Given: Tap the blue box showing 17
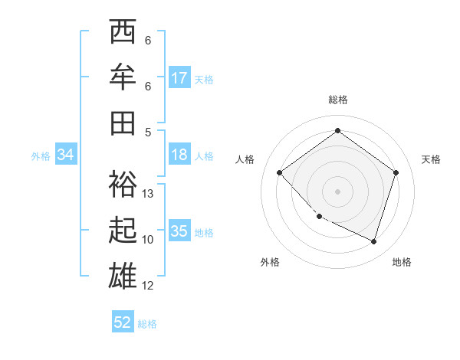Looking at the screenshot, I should coord(179,78).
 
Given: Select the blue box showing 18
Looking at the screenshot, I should coord(179,155).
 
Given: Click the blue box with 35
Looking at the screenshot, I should coord(179,231).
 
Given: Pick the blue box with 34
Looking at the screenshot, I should coord(66,155).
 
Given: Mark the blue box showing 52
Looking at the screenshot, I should coord(123,322).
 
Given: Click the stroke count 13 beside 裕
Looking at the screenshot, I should coord(149,194).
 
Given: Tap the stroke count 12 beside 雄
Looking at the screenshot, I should coord(149,286).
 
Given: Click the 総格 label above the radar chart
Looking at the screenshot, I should coord(337,100).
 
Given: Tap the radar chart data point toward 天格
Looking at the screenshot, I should coord(396,172).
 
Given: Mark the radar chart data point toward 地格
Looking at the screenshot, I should coord(373,241).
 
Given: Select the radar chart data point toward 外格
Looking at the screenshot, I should coord(319,217).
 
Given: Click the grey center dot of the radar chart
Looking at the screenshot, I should coord(337,191).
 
